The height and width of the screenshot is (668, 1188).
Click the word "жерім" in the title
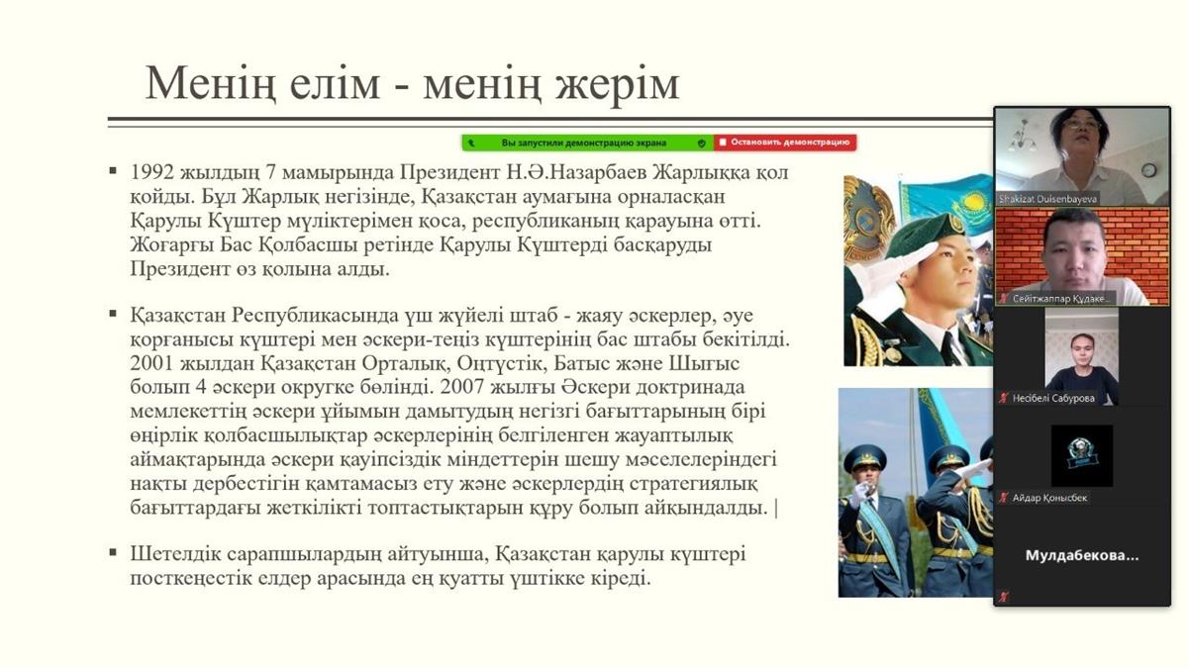click(618, 84)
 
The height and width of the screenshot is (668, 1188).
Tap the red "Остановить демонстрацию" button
click(785, 143)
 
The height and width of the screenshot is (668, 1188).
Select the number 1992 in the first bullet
click(151, 172)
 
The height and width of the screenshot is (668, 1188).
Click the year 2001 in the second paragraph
click(151, 364)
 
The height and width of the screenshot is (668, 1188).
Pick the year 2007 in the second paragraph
click(461, 387)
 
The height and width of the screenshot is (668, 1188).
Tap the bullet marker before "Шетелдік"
click(113, 553)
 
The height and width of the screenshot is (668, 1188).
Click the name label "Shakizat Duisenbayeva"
click(1047, 199)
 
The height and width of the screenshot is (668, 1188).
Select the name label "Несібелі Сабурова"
click(1053, 398)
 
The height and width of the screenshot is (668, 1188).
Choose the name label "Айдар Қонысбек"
click(1049, 498)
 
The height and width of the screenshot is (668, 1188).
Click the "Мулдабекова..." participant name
click(1081, 555)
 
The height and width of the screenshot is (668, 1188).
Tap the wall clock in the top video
click(1148, 170)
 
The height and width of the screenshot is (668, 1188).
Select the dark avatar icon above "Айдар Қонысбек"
click(1082, 456)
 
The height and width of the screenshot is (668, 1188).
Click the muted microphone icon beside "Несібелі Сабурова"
click(1003, 398)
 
